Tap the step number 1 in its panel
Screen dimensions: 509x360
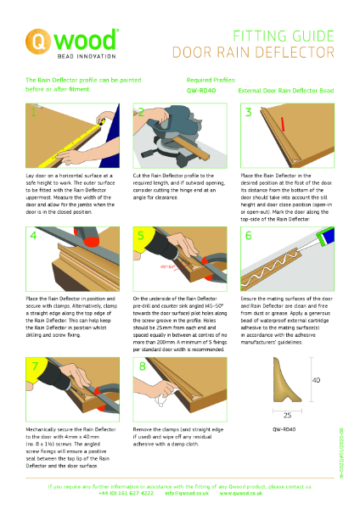(33, 112)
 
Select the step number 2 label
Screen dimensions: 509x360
(141, 112)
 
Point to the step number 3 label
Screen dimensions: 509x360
(249, 112)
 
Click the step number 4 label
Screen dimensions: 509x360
(33, 234)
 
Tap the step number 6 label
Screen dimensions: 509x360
(249, 234)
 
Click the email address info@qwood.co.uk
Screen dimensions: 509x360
(187, 493)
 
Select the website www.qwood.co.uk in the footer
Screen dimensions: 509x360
(246, 493)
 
